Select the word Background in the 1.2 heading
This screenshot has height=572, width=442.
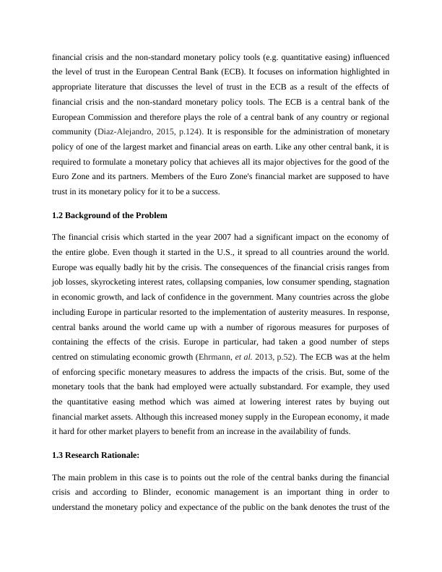[x=93, y=214]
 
